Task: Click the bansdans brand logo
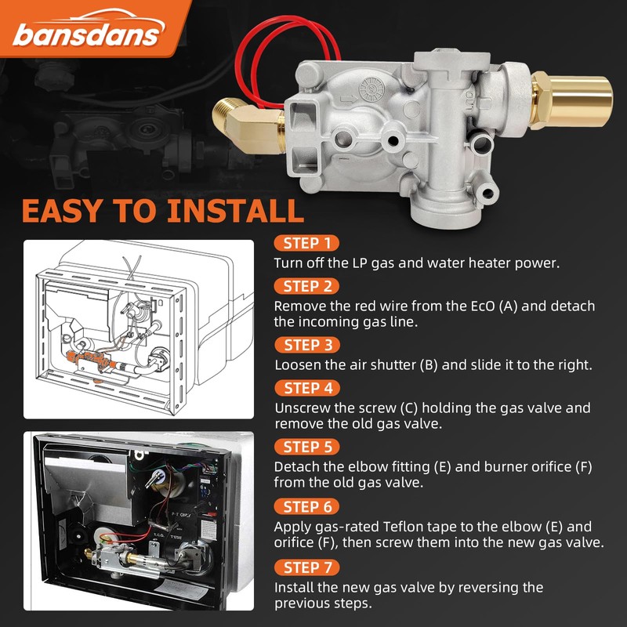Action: pyautogui.click(x=87, y=32)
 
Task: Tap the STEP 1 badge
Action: pyautogui.click(x=307, y=243)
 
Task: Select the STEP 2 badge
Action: pyautogui.click(x=307, y=285)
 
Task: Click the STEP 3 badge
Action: pyautogui.click(x=307, y=345)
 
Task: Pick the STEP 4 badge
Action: pyautogui.click(x=307, y=387)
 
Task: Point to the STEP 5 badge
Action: pyautogui.click(x=307, y=447)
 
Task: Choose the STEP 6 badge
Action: pyautogui.click(x=307, y=506)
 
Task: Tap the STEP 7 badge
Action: pyautogui.click(x=307, y=567)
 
